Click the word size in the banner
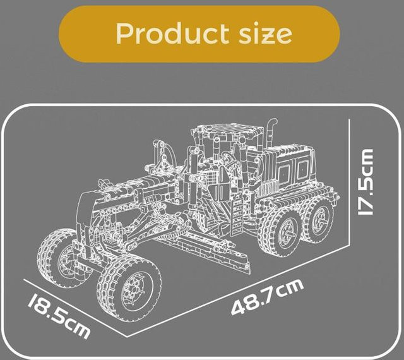[x=265, y=34]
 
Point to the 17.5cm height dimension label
[x=365, y=182]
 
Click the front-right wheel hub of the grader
[x=136, y=291]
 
